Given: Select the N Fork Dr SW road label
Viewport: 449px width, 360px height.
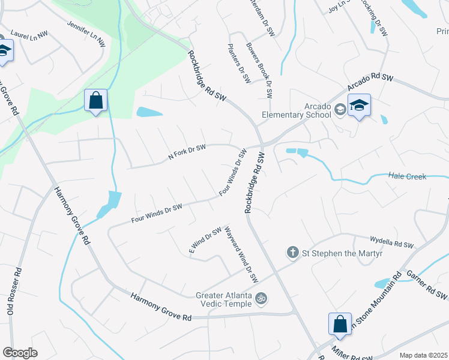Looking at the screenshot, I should [187, 153].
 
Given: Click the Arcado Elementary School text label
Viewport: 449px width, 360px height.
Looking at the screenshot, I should [297, 110].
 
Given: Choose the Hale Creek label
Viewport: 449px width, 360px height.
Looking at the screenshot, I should [407, 176].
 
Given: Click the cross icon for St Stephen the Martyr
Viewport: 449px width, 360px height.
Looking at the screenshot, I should [292, 253].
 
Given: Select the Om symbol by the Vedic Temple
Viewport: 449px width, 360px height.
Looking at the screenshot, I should [261, 297].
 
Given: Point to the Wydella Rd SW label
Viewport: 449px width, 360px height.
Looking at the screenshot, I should [393, 243].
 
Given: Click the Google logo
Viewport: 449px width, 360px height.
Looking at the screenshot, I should [20, 353].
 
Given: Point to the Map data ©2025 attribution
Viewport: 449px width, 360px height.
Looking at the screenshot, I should [422, 355].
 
